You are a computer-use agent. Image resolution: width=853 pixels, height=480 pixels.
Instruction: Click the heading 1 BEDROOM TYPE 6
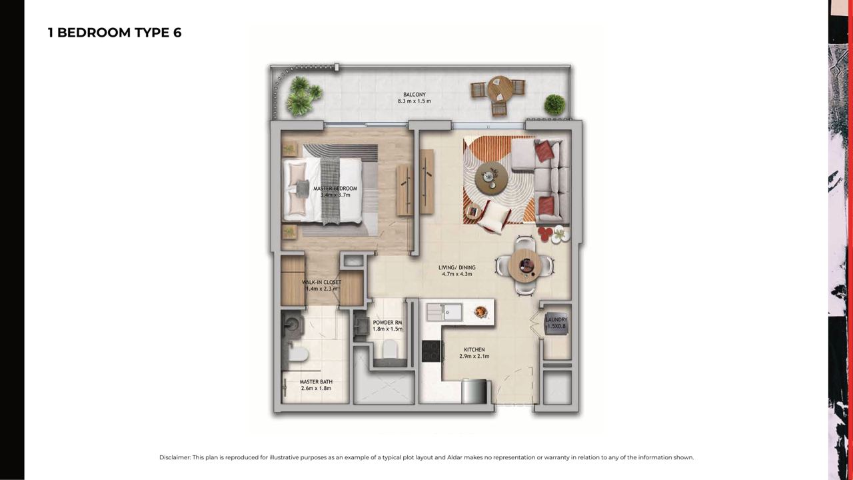pos(115,33)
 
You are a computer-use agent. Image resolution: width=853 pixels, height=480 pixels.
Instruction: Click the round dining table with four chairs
pos(524,265)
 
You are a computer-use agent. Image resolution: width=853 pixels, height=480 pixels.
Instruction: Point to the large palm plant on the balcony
pos(303,96)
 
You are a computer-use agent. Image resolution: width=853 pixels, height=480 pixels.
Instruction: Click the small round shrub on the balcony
pos(554,105)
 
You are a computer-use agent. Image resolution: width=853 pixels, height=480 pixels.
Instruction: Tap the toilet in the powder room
pos(389,349)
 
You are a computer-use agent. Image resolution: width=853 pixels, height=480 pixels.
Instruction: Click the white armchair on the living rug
pos(492,217)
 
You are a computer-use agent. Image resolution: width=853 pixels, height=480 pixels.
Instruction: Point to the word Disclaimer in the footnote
pos(175,457)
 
